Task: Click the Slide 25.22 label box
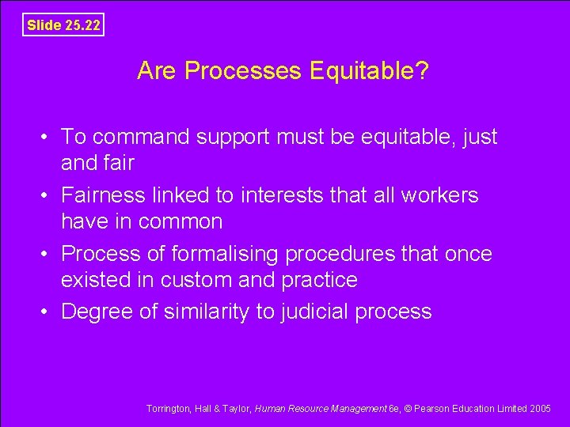coord(63,25)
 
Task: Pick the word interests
coord(279,195)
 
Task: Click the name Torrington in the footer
coord(168,408)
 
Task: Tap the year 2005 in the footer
coord(541,408)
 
